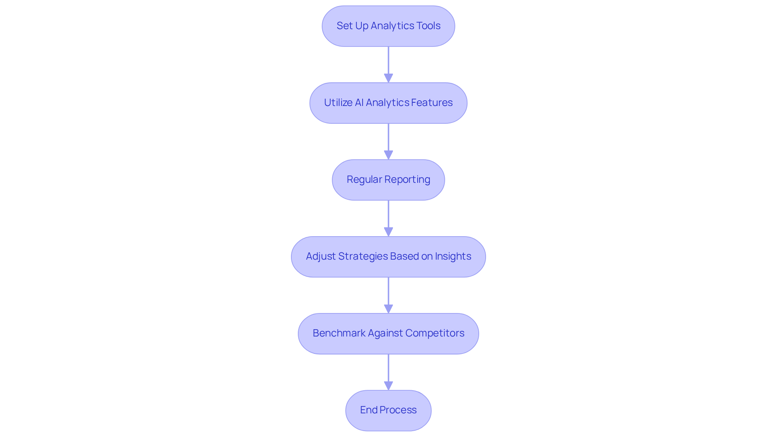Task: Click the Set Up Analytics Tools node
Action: (388, 26)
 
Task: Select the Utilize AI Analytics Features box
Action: (388, 103)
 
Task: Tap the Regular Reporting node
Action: (388, 180)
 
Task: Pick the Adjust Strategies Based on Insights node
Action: (388, 256)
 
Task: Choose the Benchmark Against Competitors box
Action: (388, 333)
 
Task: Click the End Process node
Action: (388, 410)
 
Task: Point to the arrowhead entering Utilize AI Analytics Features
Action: (388, 78)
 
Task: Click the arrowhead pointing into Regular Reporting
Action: (388, 155)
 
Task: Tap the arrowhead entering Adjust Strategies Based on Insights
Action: (388, 232)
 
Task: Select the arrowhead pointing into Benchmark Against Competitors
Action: (388, 309)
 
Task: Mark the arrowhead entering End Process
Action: (388, 385)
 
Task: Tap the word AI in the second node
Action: (359, 103)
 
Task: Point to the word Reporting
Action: (407, 180)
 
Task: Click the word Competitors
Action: (435, 333)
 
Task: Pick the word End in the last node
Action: (369, 410)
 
